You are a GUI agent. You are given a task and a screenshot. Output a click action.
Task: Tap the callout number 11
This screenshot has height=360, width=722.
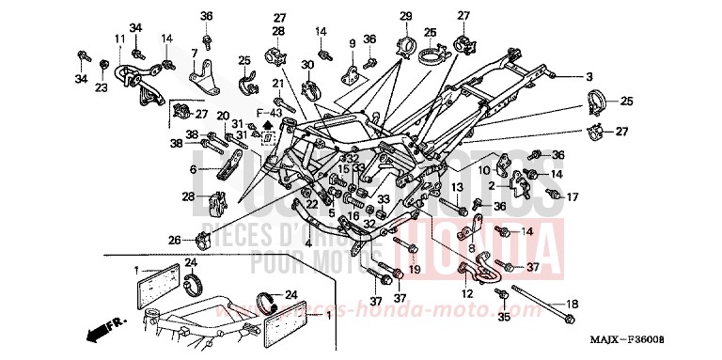coord(119,38)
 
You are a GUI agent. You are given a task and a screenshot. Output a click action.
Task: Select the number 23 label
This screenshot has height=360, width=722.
coord(101,87)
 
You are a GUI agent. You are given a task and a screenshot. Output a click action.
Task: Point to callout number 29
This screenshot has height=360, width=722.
coord(406,16)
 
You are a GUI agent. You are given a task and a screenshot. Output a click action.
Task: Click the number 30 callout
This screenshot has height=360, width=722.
coord(307,64)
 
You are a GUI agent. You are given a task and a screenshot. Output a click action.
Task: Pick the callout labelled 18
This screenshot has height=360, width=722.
coord(572,305)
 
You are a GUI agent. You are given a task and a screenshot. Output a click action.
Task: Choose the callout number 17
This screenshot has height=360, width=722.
coord(571,196)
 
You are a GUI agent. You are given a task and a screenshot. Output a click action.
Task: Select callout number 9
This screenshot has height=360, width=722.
coord(353,43)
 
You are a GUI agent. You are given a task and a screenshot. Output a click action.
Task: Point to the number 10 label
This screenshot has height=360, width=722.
coord(485,169)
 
